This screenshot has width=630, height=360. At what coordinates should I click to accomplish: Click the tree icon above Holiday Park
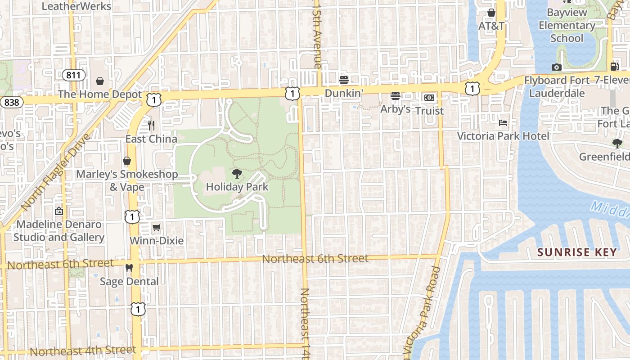(x=237, y=174)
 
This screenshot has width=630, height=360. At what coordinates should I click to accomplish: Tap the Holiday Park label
(x=237, y=187)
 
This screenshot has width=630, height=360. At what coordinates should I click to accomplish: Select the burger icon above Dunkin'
(x=344, y=80)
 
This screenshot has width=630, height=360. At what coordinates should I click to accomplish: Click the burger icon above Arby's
(x=396, y=96)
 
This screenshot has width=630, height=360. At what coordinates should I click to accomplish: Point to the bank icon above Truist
(x=429, y=97)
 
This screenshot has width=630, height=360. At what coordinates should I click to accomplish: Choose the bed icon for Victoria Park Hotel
(x=503, y=123)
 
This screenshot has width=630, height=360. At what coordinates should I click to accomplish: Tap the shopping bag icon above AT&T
(x=491, y=13)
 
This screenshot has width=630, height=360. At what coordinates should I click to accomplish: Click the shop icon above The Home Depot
(x=100, y=81)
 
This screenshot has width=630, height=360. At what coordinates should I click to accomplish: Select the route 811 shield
(x=73, y=75)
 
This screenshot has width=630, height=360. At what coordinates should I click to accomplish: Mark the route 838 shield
(x=11, y=102)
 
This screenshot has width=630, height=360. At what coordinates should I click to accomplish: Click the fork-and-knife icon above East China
(x=151, y=126)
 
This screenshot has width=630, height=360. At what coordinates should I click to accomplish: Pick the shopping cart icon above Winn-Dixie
(x=156, y=227)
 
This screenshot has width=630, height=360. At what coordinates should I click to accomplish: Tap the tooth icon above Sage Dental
(x=129, y=268)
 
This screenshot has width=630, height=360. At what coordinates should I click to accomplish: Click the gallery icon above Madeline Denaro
(x=59, y=211)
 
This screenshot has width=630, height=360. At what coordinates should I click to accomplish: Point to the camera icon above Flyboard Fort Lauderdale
(x=557, y=67)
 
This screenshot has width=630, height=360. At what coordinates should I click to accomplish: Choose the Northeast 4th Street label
(x=83, y=351)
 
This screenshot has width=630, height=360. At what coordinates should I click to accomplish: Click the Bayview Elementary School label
(x=567, y=25)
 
